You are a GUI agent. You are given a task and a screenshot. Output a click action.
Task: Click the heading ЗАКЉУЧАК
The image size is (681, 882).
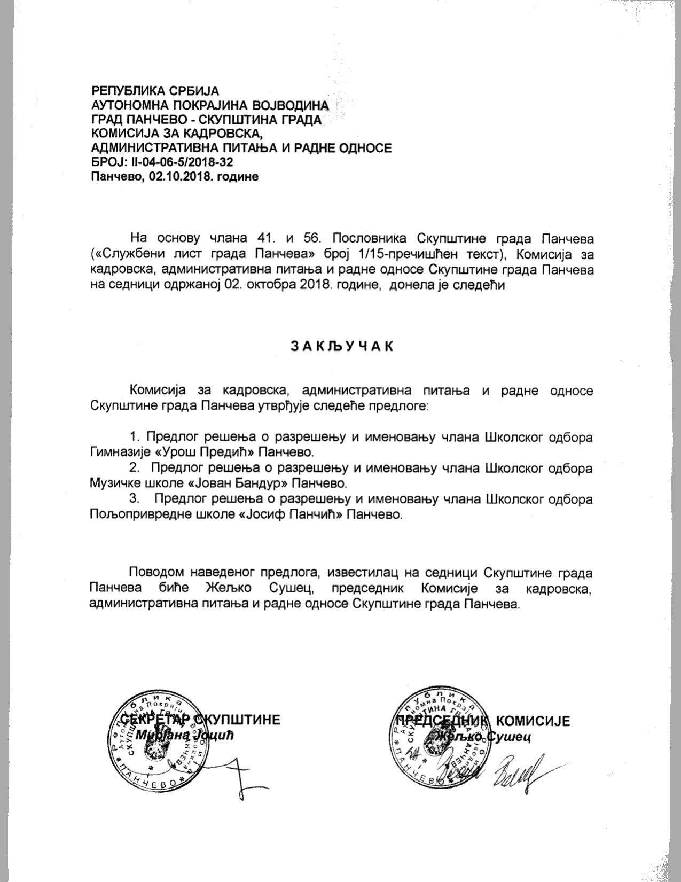click(341, 346)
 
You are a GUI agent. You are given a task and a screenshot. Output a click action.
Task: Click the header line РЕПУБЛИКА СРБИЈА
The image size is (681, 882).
click(155, 91)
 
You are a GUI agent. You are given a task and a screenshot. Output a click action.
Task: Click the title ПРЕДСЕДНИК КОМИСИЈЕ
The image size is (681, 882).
click(480, 721)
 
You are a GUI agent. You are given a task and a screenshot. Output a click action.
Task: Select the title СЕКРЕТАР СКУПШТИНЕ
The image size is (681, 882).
click(200, 720)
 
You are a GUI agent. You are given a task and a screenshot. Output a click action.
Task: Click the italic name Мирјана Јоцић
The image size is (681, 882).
click(185, 735)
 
